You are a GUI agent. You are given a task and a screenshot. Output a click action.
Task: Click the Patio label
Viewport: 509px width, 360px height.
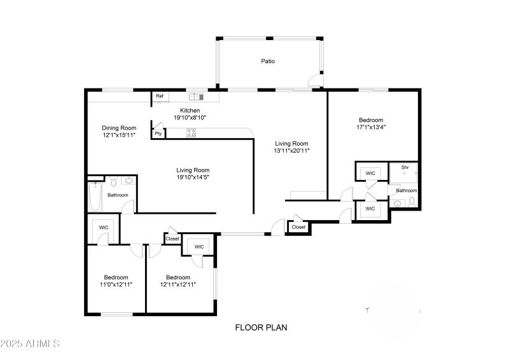(268, 62)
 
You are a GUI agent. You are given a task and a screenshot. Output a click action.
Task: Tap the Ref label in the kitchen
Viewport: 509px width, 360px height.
(160, 97)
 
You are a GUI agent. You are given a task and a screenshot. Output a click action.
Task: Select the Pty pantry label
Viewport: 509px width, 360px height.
(158, 134)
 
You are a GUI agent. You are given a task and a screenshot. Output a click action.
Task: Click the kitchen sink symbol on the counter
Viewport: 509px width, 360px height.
(196, 97)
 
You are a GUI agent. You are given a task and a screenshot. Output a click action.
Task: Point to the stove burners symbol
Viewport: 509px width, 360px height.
(191, 133)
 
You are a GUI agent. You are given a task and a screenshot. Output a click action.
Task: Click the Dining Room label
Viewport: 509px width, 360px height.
(120, 127)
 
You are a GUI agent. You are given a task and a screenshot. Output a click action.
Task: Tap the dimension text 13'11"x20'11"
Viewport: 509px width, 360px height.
(291, 151)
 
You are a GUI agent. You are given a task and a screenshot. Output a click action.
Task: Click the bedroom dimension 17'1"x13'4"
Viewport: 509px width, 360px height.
(371, 127)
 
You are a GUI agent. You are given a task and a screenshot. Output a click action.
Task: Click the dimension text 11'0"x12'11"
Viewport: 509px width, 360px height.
(116, 285)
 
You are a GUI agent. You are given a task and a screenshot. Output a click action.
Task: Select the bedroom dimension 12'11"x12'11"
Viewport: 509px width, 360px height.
(178, 285)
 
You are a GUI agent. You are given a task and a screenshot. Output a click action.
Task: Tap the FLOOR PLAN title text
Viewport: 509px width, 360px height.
(261, 328)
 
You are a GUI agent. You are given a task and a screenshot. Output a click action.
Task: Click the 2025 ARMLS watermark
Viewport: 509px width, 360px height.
(30, 344)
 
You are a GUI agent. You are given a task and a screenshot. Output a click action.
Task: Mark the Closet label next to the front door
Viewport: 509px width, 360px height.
(298, 227)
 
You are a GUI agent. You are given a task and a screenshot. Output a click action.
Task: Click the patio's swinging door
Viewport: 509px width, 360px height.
(314, 80)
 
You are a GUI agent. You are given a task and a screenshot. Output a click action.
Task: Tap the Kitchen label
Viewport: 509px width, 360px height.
(190, 110)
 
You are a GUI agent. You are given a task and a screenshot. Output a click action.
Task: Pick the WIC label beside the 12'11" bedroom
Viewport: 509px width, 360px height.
(199, 247)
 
